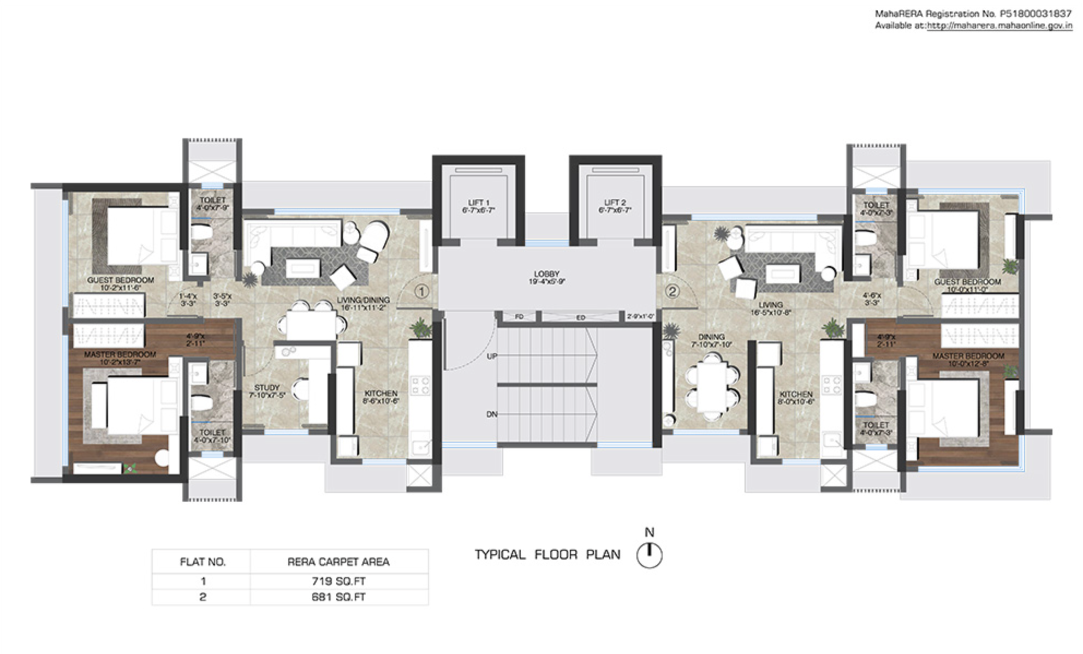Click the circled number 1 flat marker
click(421, 292)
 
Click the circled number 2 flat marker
click(673, 292)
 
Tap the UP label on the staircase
click(492, 356)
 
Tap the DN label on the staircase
click(492, 414)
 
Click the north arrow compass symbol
click(649, 555)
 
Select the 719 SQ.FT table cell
click(338, 581)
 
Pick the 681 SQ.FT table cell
click(338, 597)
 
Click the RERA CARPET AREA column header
click(338, 562)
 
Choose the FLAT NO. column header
click(203, 562)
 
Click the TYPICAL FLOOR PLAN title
click(548, 555)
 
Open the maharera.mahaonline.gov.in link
click(999, 26)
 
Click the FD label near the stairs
click(519, 317)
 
